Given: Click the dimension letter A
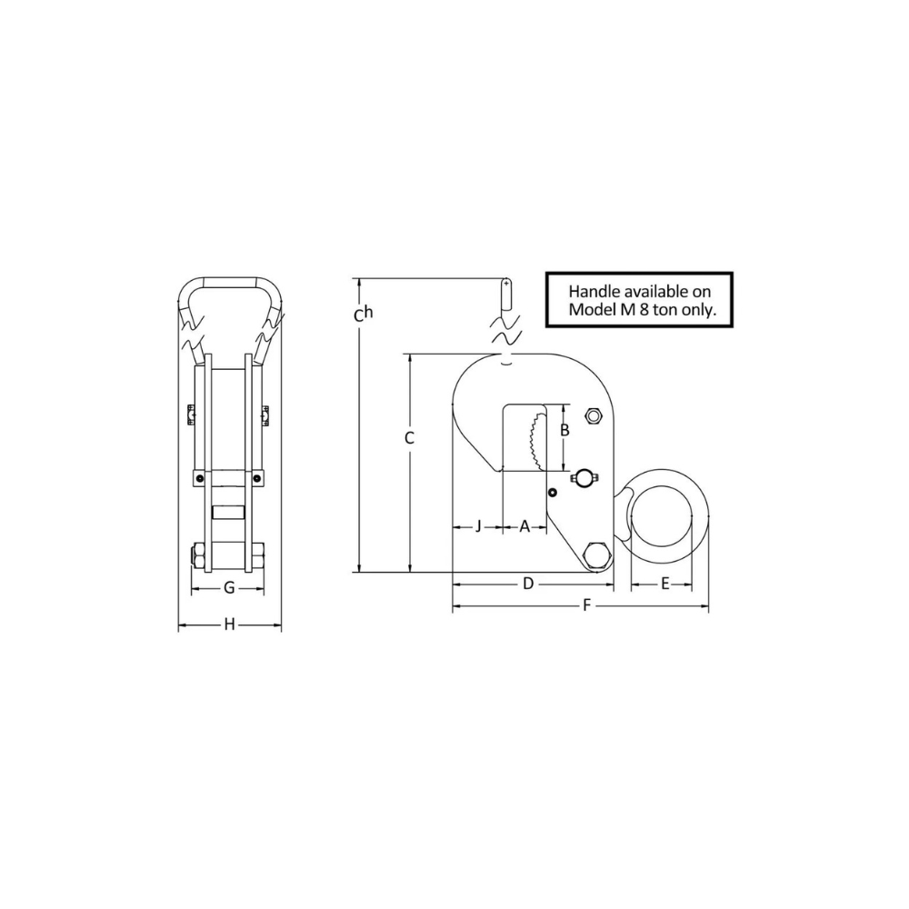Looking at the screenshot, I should (x=524, y=527).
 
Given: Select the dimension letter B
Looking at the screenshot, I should (x=564, y=430).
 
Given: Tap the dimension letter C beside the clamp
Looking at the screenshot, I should (x=409, y=438).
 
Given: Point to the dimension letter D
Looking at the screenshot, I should (x=526, y=584).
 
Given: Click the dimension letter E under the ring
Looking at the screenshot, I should (x=664, y=584).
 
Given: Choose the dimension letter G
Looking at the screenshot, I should (x=229, y=588).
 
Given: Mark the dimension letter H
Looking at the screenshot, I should (x=229, y=624).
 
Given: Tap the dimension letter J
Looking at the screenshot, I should (x=478, y=527).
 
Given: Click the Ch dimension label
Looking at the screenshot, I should (x=363, y=315).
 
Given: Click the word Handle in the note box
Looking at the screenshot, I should (x=594, y=293).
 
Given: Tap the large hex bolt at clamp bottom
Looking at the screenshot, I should (x=598, y=555).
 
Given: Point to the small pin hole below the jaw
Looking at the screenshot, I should (x=551, y=493).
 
